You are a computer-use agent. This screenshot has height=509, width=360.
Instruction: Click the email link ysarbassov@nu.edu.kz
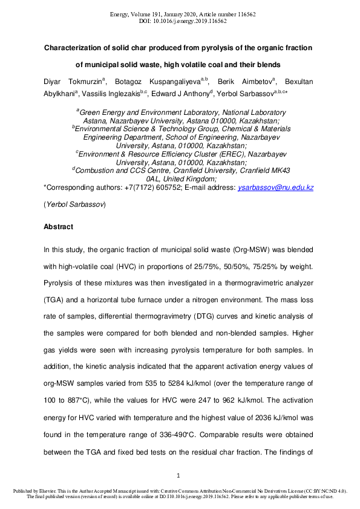(x=276, y=189)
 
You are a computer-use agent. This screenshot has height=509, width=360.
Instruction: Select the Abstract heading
(x=59, y=227)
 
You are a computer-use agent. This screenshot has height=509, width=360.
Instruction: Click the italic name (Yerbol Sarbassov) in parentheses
(x=74, y=205)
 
